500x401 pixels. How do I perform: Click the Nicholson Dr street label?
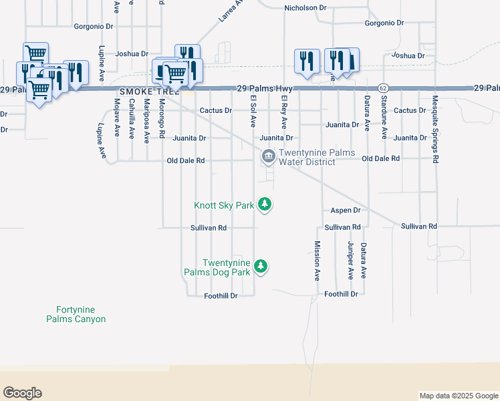click(305, 8)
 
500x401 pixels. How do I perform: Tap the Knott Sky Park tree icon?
click(265, 204)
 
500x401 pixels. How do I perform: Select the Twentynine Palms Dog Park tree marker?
click(261, 267)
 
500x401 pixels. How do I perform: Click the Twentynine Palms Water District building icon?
click(268, 156)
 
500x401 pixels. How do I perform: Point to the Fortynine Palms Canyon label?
click(76, 314)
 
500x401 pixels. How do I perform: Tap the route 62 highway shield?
click(382, 88)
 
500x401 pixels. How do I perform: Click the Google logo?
click(22, 393)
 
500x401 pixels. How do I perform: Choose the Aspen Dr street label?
click(346, 211)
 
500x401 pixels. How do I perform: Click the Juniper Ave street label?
click(350, 261)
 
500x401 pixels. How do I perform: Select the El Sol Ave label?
click(253, 111)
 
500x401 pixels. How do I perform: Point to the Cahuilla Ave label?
click(132, 118)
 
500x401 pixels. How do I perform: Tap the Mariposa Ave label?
click(146, 121)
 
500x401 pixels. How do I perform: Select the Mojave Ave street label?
click(117, 118)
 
